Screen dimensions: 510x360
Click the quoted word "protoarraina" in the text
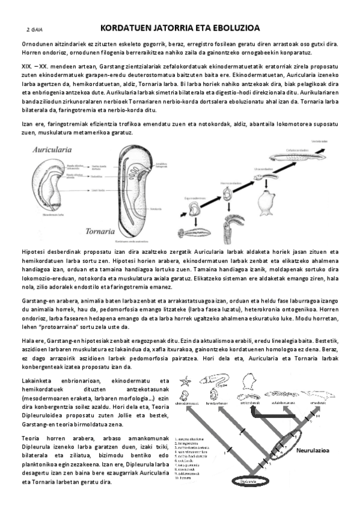point(69,327)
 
